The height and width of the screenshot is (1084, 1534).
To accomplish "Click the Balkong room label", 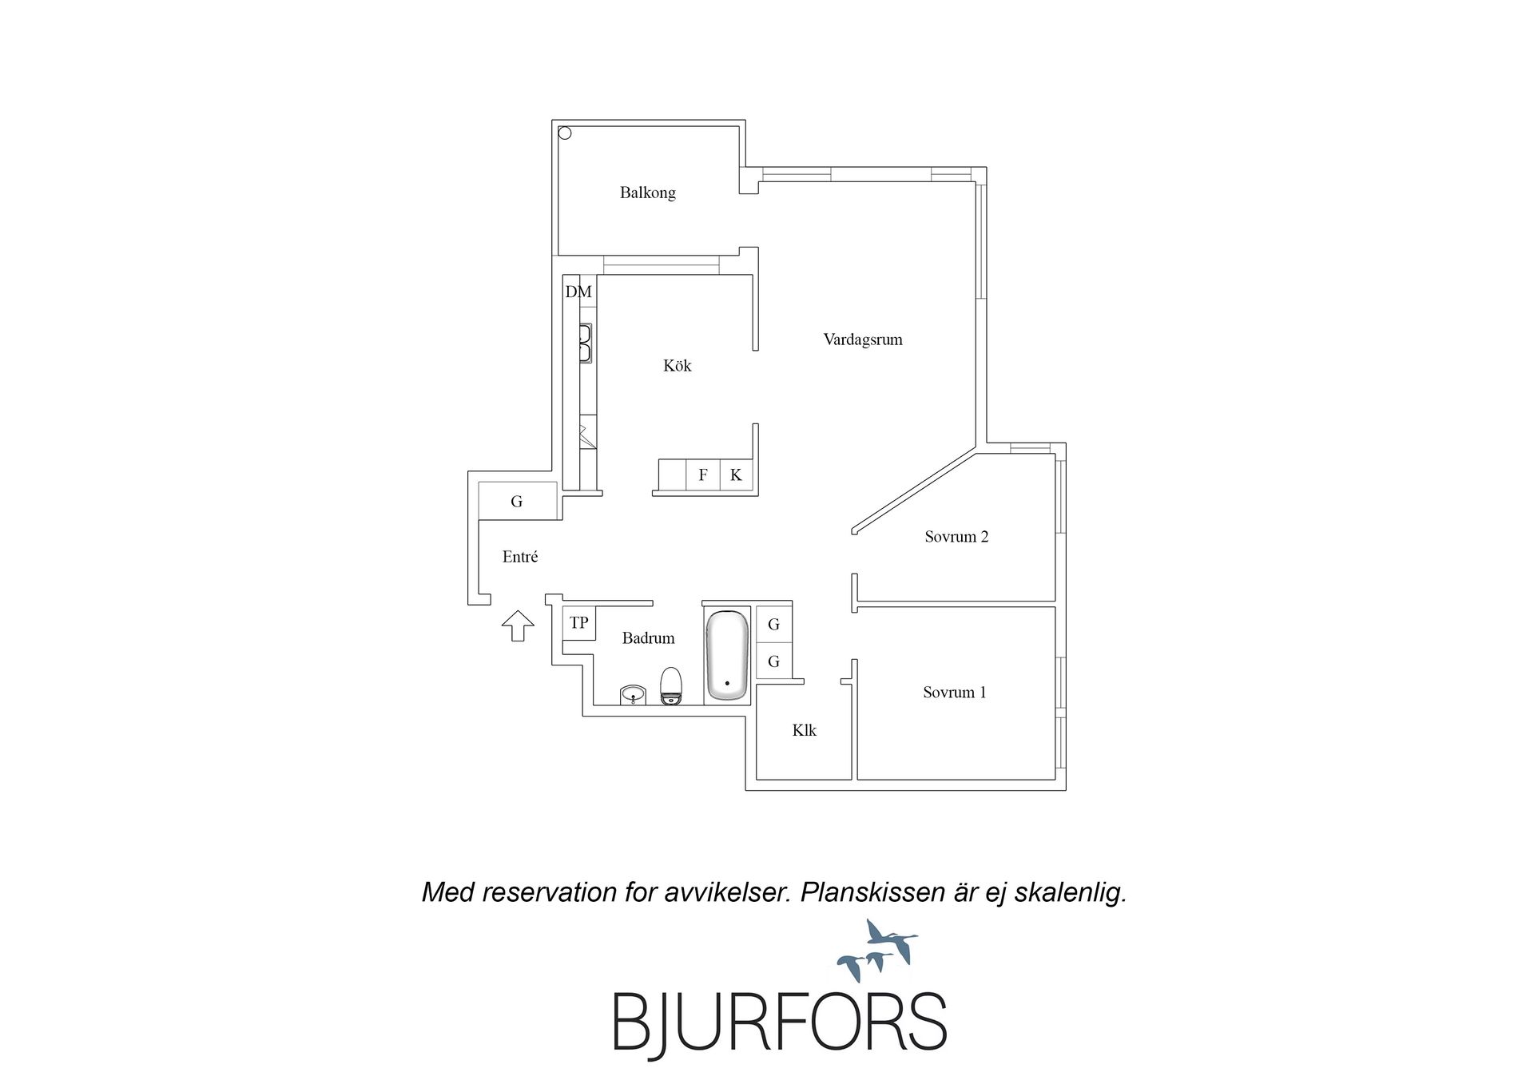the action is pyautogui.click(x=647, y=193).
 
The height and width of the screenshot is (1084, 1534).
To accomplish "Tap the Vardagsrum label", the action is pyautogui.click(x=863, y=339).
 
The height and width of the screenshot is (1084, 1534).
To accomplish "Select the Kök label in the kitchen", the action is pyautogui.click(x=677, y=366).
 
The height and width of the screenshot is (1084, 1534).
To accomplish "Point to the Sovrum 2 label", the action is pyautogui.click(x=956, y=537).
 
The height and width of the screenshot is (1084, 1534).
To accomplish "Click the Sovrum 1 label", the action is pyautogui.click(x=954, y=693).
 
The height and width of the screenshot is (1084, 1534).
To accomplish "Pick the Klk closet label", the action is pyautogui.click(x=804, y=730).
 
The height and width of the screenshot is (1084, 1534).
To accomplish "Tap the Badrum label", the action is pyautogui.click(x=648, y=638).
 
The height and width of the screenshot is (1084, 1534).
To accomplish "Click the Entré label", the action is pyautogui.click(x=519, y=557).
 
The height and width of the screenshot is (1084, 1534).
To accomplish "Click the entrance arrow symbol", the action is pyautogui.click(x=518, y=625).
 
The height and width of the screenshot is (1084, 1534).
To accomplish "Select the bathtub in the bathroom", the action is pyautogui.click(x=727, y=655).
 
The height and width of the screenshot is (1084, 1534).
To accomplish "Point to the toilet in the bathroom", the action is pyautogui.click(x=671, y=686).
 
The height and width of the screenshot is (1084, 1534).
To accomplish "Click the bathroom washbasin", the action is pyautogui.click(x=633, y=695).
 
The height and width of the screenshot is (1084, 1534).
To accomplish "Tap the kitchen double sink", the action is pyautogui.click(x=586, y=343).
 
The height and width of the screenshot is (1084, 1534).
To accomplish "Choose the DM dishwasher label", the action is pyautogui.click(x=578, y=292).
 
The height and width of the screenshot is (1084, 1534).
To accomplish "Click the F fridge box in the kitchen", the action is pyautogui.click(x=703, y=474).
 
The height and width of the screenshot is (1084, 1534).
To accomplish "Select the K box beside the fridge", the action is pyautogui.click(x=736, y=474).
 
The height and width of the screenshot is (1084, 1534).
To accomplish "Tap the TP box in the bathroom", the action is pyautogui.click(x=578, y=623).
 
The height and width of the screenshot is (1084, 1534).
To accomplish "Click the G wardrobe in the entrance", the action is pyautogui.click(x=517, y=502).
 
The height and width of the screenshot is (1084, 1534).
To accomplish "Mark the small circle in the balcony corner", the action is pyautogui.click(x=565, y=133).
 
